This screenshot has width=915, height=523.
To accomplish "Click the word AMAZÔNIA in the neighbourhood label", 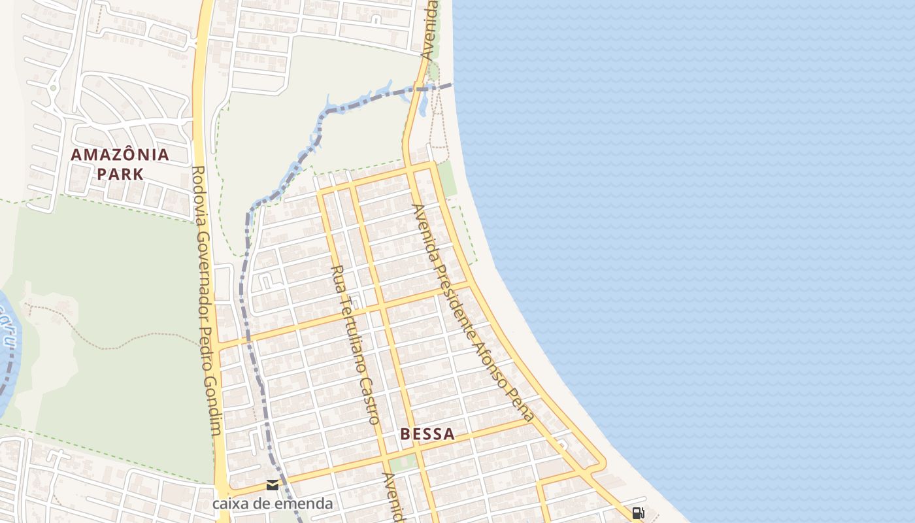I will click(x=120, y=155).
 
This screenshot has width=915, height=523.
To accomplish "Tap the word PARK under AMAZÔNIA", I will click(x=120, y=175).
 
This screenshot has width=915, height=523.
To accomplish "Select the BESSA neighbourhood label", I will click(x=427, y=434).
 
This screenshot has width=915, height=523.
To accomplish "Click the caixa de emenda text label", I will click(x=273, y=504).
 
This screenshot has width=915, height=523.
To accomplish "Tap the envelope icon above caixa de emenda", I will click(x=273, y=485).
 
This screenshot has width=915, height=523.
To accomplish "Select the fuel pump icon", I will click(x=639, y=513).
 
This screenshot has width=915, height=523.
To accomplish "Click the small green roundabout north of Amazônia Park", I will click(x=53, y=88).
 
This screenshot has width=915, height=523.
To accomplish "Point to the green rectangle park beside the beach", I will click(x=447, y=178).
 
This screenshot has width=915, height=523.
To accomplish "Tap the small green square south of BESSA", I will click(x=403, y=464).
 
